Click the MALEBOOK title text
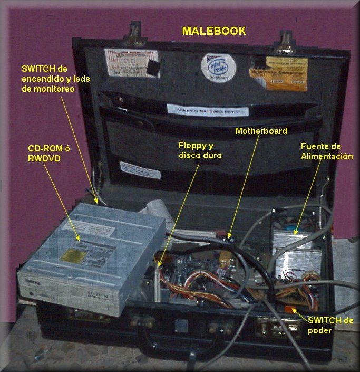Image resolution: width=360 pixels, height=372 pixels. coord(213,31)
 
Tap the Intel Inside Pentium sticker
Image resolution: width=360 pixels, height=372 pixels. coord(217,67)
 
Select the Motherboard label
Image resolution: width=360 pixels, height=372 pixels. coord(261,131)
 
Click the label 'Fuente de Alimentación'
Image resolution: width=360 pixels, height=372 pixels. coord(326,151)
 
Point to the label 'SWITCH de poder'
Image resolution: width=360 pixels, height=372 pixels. coord(327,325)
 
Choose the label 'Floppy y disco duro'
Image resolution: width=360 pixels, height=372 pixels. coord(200,150)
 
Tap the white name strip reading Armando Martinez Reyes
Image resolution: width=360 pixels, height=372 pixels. coord(207,111)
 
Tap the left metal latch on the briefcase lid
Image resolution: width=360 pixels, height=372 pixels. coord(135,33)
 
